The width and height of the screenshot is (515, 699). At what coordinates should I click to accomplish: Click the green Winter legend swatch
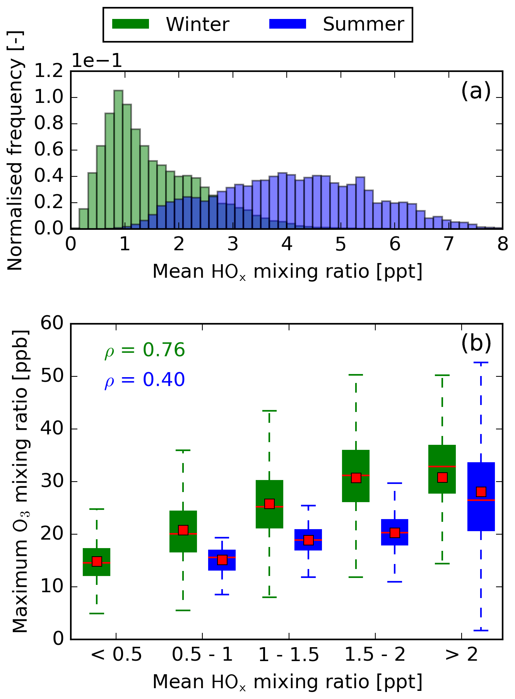[x=130, y=24]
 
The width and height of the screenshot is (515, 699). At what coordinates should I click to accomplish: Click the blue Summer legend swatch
[x=287, y=24]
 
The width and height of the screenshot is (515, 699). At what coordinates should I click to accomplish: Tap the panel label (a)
[x=476, y=92]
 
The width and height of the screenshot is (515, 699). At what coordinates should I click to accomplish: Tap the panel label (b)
[x=476, y=343]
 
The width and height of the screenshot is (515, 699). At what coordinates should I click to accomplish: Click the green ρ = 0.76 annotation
[x=145, y=350]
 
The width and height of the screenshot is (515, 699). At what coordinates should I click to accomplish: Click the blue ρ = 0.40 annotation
[x=145, y=380]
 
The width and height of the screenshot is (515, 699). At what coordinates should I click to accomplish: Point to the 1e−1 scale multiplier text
[x=97, y=61]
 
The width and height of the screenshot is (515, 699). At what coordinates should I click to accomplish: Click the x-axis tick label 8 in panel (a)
[x=502, y=244]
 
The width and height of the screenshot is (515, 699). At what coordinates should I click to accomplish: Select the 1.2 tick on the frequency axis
[x=49, y=72]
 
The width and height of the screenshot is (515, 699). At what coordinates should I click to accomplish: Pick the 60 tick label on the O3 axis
[x=52, y=323]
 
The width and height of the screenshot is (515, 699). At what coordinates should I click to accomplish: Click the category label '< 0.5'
[x=116, y=655]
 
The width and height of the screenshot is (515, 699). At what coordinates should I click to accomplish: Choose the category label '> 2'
[x=461, y=655]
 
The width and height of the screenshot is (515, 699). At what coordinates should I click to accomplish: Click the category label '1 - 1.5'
[x=289, y=655]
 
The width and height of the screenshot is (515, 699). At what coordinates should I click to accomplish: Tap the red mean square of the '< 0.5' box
[x=97, y=561]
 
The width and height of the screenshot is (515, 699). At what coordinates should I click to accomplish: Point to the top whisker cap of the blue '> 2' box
[x=481, y=363]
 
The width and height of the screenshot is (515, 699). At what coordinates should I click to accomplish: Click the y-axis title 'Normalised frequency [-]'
[x=15, y=151]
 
